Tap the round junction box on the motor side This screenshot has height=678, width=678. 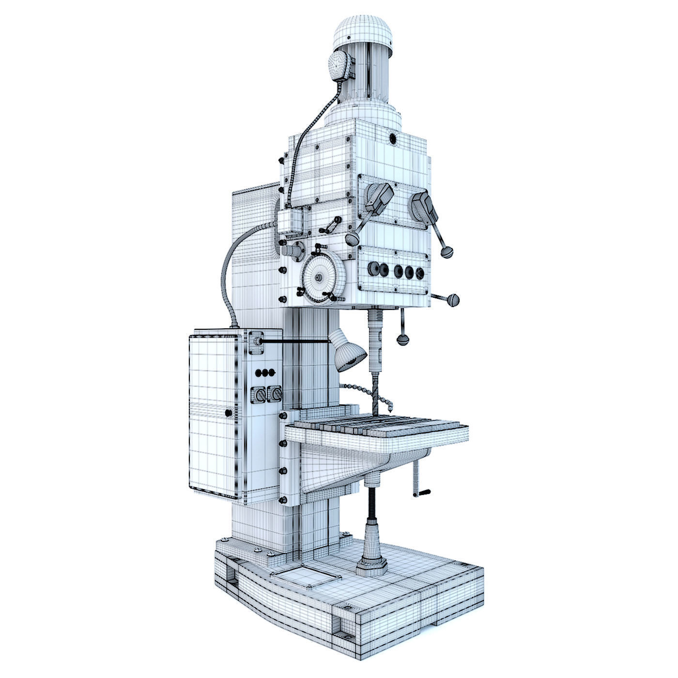[x=339, y=65]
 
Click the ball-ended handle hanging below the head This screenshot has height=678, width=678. [x=402, y=339]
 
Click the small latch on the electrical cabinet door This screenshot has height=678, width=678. [x=228, y=413]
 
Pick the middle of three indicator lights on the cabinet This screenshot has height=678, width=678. [x=265, y=372]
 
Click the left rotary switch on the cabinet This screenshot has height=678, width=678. [x=258, y=395]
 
